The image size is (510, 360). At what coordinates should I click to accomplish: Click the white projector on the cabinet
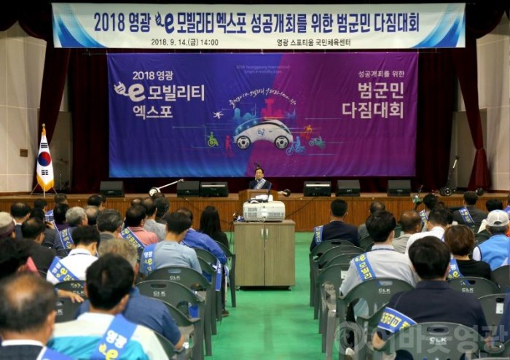pyautogui.click(x=263, y=211)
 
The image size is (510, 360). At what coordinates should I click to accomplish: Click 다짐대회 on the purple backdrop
pyautogui.click(x=372, y=110)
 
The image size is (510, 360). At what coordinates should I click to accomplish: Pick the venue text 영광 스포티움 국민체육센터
pyautogui.click(x=313, y=42)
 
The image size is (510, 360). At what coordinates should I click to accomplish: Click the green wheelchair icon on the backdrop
pyautogui.click(x=212, y=139)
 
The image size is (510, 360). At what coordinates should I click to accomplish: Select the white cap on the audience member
pyautogui.click(x=498, y=218)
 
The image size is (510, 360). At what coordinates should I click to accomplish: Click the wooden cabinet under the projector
pyautogui.click(x=264, y=252)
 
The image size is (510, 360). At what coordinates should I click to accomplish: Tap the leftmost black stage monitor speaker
pyautogui.click(x=111, y=188)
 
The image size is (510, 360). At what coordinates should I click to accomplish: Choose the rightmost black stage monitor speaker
pyautogui.click(x=399, y=187)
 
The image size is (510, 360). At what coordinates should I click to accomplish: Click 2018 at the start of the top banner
pyautogui.click(x=109, y=22)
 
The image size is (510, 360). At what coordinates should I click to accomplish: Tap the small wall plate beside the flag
pyautogui.click(x=23, y=152)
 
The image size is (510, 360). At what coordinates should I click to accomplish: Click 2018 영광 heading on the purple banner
pyautogui.click(x=152, y=75)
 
